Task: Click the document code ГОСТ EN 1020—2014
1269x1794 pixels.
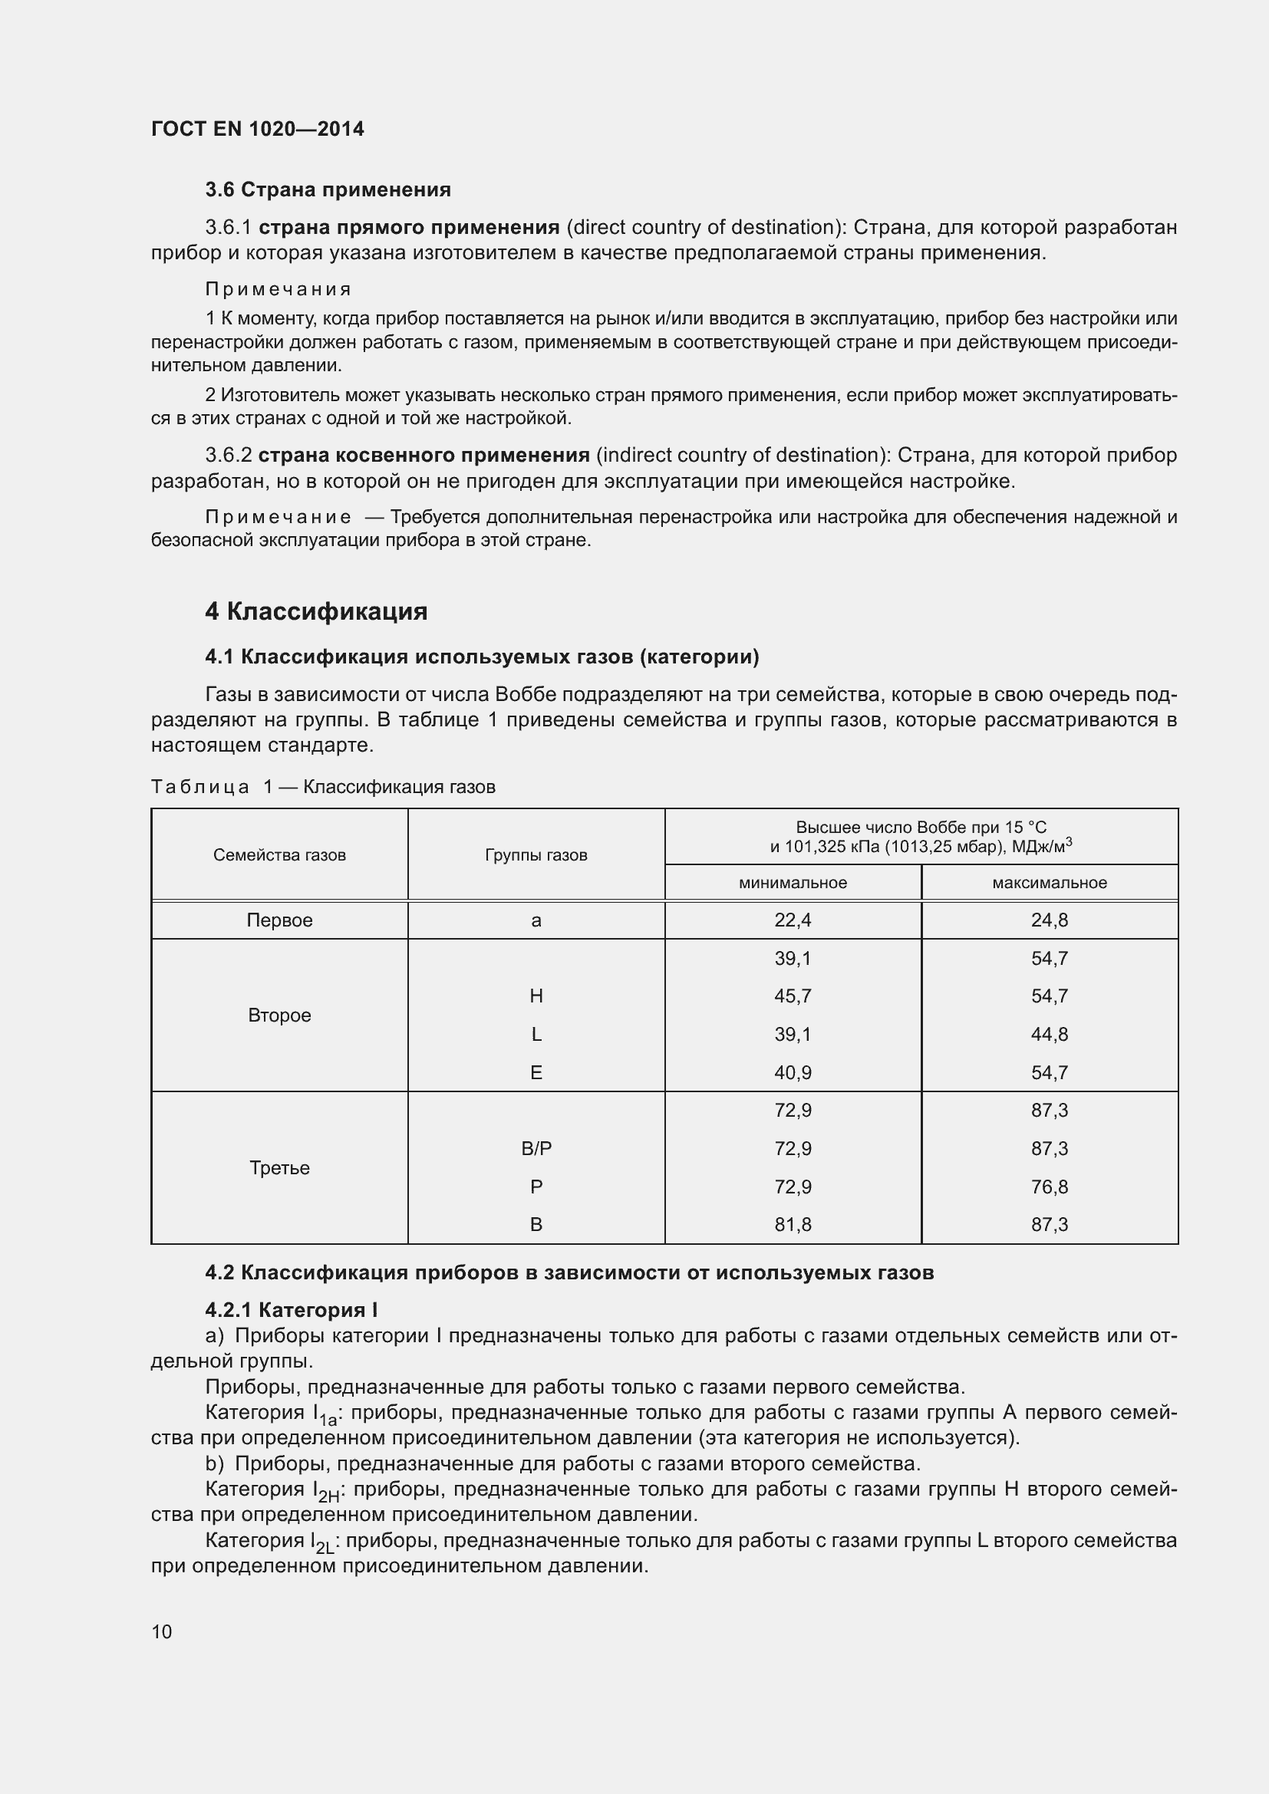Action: (257, 129)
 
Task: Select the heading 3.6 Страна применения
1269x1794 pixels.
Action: (328, 189)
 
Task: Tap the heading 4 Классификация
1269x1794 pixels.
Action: (315, 611)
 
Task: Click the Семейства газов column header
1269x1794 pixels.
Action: (279, 854)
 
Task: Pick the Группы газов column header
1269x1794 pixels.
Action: (536, 854)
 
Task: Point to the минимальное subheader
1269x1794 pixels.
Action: (793, 883)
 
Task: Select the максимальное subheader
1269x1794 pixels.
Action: (1049, 883)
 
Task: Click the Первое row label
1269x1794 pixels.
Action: (279, 920)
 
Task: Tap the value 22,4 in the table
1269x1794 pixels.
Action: (793, 920)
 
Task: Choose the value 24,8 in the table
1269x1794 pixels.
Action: (1049, 920)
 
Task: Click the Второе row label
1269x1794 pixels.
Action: (279, 1015)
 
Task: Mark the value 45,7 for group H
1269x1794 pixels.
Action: (793, 996)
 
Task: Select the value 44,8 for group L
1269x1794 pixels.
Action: (1049, 1035)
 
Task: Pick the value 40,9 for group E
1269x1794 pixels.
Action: (793, 1073)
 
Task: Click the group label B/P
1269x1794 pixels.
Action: (536, 1149)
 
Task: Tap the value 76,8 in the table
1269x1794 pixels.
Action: (1049, 1187)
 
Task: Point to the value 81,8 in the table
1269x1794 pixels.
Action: (793, 1224)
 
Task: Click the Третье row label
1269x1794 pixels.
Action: (279, 1168)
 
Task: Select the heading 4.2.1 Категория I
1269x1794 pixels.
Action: (292, 1310)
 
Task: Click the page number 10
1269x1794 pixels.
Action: (162, 1631)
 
